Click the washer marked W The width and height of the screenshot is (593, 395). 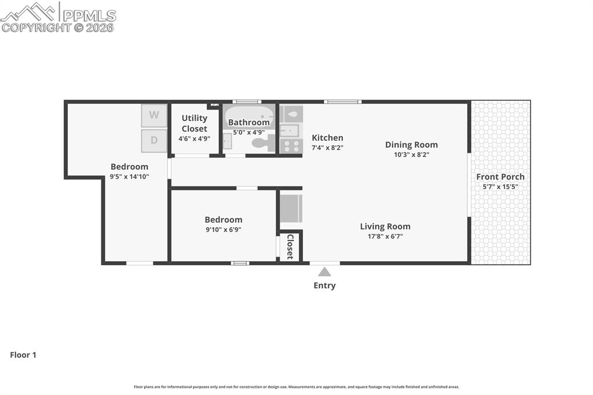click(x=154, y=115)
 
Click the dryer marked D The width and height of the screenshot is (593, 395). click(x=154, y=140)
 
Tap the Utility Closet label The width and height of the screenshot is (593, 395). click(x=194, y=123)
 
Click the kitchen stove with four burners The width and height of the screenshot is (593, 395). click(x=291, y=146)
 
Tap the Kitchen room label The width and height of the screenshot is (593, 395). click(x=327, y=138)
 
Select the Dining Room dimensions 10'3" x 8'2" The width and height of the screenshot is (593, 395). click(x=411, y=155)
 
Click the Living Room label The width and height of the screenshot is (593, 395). click(x=385, y=226)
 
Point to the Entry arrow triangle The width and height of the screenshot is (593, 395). click(x=324, y=272)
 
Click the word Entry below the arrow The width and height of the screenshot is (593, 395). click(x=324, y=286)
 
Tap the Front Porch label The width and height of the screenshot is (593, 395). click(x=500, y=177)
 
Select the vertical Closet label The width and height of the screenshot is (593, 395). click(x=290, y=247)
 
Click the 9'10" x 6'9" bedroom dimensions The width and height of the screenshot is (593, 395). click(x=224, y=229)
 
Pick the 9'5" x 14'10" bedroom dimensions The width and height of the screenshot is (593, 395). click(x=129, y=177)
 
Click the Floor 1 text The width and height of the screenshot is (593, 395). click(x=23, y=355)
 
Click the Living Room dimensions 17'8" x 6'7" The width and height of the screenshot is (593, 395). click(x=385, y=236)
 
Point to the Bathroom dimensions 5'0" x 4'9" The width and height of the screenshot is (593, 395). click(x=248, y=132)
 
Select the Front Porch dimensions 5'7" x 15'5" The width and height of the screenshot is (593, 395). click(x=500, y=186)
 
